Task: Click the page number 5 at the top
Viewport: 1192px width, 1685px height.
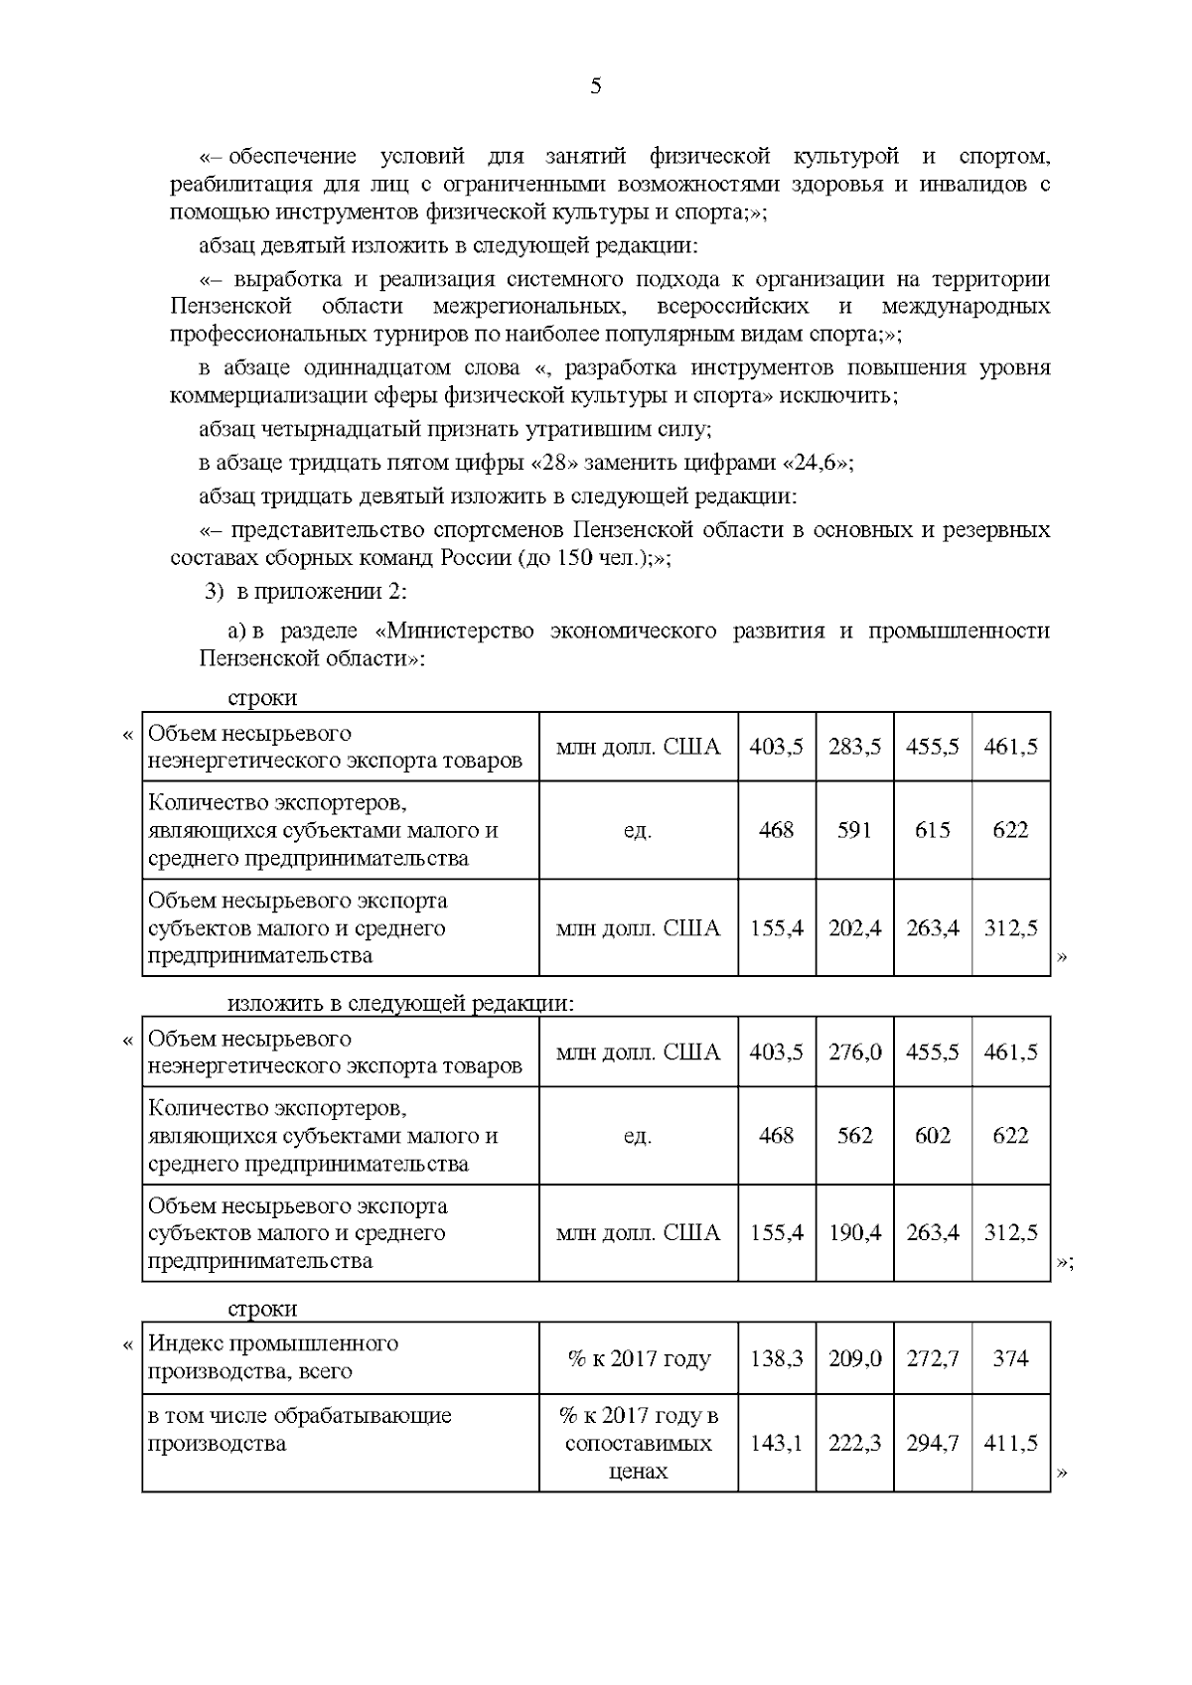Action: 595,86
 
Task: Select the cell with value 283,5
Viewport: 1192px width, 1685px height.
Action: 854,747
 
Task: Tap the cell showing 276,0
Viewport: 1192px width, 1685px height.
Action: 854,1052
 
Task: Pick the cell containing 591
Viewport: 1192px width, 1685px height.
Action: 854,830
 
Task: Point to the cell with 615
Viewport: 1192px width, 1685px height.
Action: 932,830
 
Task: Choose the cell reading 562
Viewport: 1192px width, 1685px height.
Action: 854,1135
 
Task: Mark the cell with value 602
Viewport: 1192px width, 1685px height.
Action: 932,1135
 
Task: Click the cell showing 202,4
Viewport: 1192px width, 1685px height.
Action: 854,928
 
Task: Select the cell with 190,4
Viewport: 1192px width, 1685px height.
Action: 854,1233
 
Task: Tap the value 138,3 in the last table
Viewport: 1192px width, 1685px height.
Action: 776,1358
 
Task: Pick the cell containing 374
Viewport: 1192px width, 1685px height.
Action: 1010,1358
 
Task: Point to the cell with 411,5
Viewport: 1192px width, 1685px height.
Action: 1010,1443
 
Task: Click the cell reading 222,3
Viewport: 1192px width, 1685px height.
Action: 854,1443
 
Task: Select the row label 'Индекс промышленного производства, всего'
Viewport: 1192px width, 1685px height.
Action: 273,1357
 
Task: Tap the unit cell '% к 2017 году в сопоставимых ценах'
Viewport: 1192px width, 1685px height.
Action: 638,1443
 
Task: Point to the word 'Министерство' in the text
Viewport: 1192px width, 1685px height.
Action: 458,632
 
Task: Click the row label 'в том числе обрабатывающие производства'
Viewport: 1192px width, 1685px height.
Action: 299,1429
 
